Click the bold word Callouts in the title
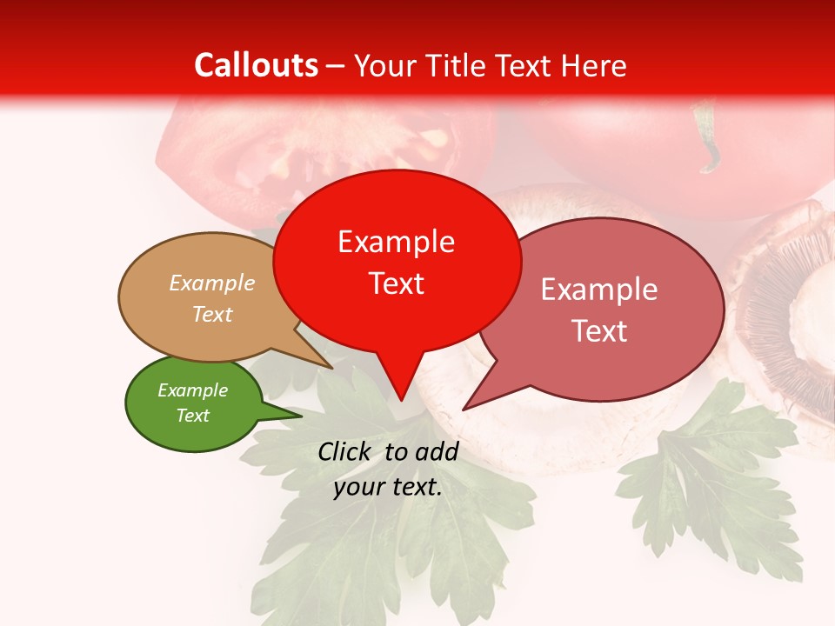(x=256, y=65)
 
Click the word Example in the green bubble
(x=192, y=390)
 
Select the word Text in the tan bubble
(x=212, y=314)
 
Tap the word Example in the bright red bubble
(x=396, y=242)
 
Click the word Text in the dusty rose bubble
(x=599, y=331)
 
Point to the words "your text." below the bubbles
(x=388, y=488)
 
